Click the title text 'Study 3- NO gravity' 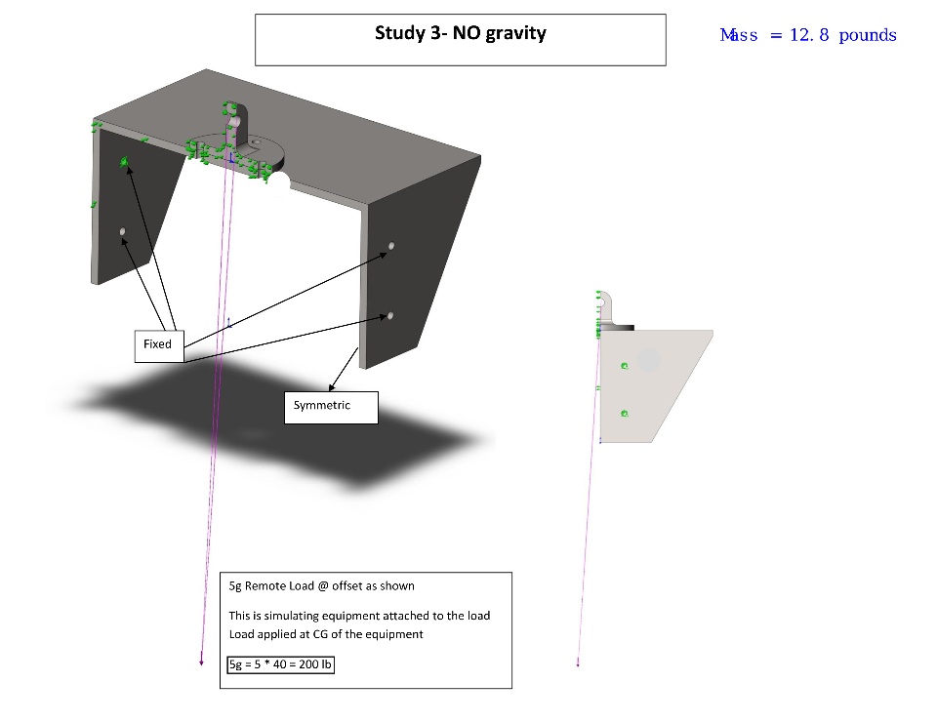(460, 33)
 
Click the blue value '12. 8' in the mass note (809, 35)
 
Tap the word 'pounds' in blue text (867, 36)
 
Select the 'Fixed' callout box (159, 346)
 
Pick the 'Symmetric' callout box (331, 408)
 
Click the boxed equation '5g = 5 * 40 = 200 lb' (280, 664)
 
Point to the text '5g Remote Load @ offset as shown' (321, 586)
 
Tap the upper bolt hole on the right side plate (391, 246)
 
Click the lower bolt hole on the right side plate (390, 315)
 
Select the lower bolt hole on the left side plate (123, 231)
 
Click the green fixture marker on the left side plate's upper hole (124, 161)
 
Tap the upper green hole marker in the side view (625, 366)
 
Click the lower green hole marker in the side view (625, 414)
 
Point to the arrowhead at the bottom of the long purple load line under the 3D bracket (201, 663)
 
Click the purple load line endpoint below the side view (578, 663)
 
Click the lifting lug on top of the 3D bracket (238, 126)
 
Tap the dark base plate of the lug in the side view (617, 327)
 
